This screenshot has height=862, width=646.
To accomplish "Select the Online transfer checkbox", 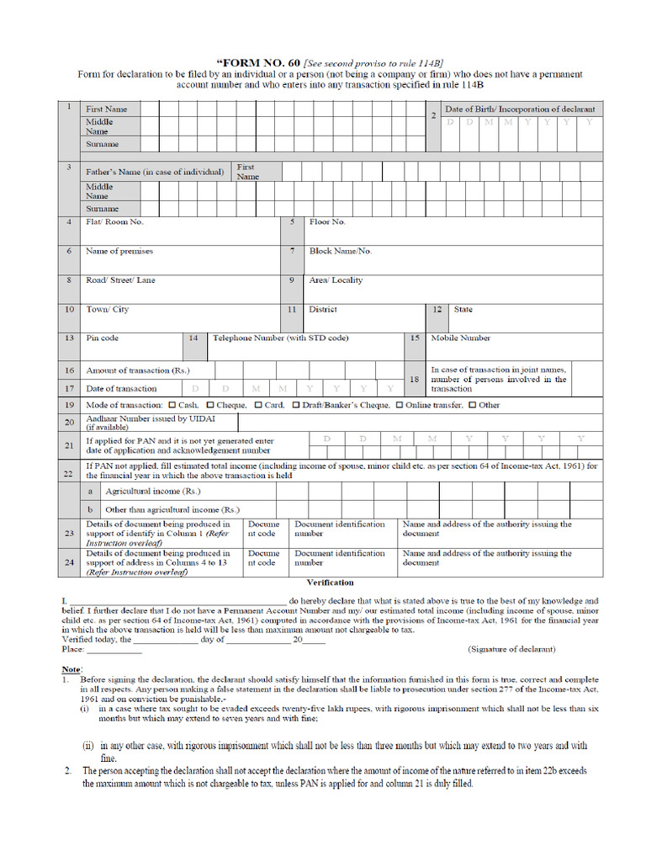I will click(400, 405).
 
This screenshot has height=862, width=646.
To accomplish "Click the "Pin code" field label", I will click(102, 338).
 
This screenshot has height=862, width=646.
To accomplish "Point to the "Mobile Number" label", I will click(460, 338).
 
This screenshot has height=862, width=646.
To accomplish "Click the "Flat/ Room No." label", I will click(114, 222).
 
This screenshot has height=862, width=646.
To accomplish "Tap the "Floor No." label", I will click(327, 222).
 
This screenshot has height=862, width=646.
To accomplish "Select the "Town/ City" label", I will click(107, 310).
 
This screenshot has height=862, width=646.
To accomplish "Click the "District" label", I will click(323, 310).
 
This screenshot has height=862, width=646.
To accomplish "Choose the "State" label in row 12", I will click(463, 310).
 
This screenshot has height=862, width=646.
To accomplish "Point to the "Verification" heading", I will click(330, 583).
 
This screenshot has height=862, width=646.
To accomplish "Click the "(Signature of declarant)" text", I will click(511, 649).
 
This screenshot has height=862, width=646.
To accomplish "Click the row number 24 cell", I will click(69, 561).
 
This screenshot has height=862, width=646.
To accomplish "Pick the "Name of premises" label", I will click(119, 252).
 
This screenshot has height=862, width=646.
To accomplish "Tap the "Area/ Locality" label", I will click(336, 280).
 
